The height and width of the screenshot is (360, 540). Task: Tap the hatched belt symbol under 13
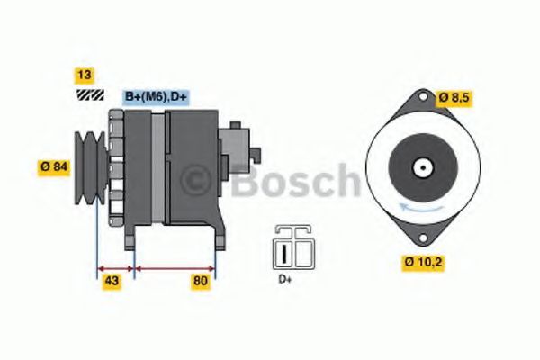[87, 94]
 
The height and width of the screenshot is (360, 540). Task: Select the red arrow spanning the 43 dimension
[114, 268]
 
